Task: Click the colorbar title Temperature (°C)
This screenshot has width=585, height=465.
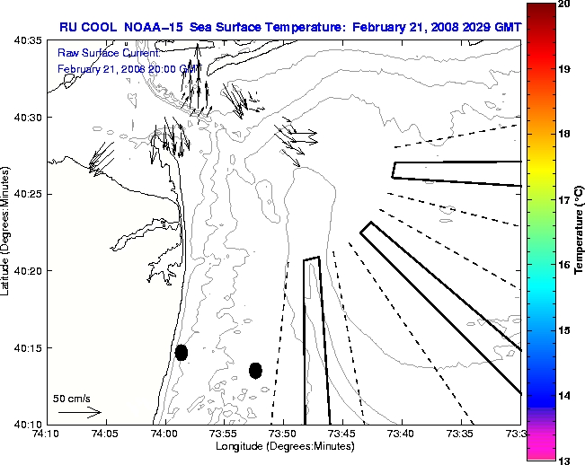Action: coord(580,232)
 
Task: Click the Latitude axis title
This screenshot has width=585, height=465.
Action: coord(7,232)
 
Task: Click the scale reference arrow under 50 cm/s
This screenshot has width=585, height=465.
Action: coord(79,412)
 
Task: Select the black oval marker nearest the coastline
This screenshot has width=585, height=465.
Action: coord(182,352)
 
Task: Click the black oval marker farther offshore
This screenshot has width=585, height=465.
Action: coord(255,370)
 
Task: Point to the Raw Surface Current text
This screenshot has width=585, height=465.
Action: coord(97,54)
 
